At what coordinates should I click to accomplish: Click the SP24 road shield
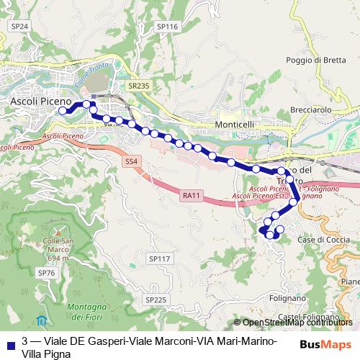(x=19, y=26)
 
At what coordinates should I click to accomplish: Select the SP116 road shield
(x=166, y=26)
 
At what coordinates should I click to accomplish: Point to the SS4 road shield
(x=131, y=161)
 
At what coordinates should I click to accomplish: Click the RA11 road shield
(x=191, y=194)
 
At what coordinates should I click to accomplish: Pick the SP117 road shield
(x=158, y=258)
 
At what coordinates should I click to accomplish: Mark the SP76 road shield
(x=46, y=274)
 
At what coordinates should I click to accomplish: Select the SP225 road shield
(x=156, y=299)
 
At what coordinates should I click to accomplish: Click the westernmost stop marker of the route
(x=63, y=111)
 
